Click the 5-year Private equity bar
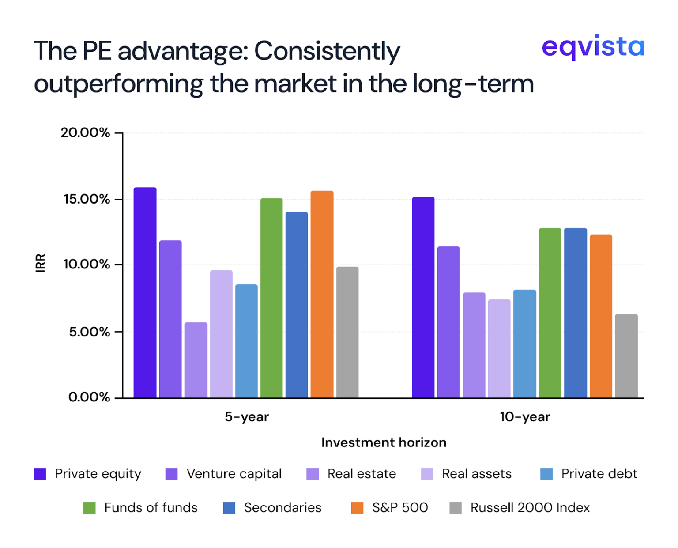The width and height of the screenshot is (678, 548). pyautogui.click(x=145, y=292)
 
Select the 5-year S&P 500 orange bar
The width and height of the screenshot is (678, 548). pyautogui.click(x=322, y=294)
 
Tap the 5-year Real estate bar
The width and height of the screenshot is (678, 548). pyautogui.click(x=196, y=360)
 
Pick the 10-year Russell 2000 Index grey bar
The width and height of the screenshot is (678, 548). pyautogui.click(x=626, y=356)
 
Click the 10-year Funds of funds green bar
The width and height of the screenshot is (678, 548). pyautogui.click(x=550, y=313)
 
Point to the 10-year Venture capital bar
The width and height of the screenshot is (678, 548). pyautogui.click(x=448, y=322)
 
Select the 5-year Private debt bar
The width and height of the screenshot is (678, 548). pyautogui.click(x=246, y=341)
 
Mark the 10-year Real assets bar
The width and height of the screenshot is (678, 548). pyautogui.click(x=499, y=348)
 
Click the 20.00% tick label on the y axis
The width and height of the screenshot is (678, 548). pyautogui.click(x=85, y=132)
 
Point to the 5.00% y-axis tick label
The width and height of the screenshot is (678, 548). pyautogui.click(x=89, y=332)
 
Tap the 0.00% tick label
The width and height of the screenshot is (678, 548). pyautogui.click(x=89, y=397)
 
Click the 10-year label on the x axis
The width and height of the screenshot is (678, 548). pyautogui.click(x=525, y=417)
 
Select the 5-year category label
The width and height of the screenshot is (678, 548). pyautogui.click(x=246, y=417)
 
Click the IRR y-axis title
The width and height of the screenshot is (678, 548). pyautogui.click(x=40, y=263)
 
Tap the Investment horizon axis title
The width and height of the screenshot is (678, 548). pyautogui.click(x=384, y=442)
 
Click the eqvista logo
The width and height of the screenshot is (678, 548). pyautogui.click(x=593, y=46)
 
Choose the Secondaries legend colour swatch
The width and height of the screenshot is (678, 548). pyautogui.click(x=229, y=508)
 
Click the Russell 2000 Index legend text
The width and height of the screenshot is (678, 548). pyautogui.click(x=530, y=508)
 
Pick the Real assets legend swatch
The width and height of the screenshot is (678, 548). pyautogui.click(x=427, y=474)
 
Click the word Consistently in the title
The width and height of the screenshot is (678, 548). pyautogui.click(x=327, y=51)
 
